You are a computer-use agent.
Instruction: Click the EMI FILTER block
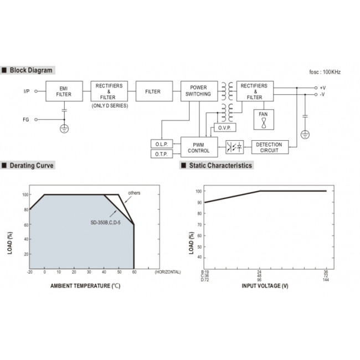[64, 91]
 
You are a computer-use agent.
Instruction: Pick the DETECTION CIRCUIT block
[270, 147]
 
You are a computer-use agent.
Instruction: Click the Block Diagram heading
[30, 70]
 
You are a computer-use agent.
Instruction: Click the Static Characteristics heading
[220, 166]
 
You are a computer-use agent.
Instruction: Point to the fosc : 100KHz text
[325, 73]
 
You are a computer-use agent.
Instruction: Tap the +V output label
[323, 88]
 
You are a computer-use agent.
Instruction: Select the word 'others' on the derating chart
[134, 193]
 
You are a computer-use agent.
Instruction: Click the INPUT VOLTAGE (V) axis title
[265, 286]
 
